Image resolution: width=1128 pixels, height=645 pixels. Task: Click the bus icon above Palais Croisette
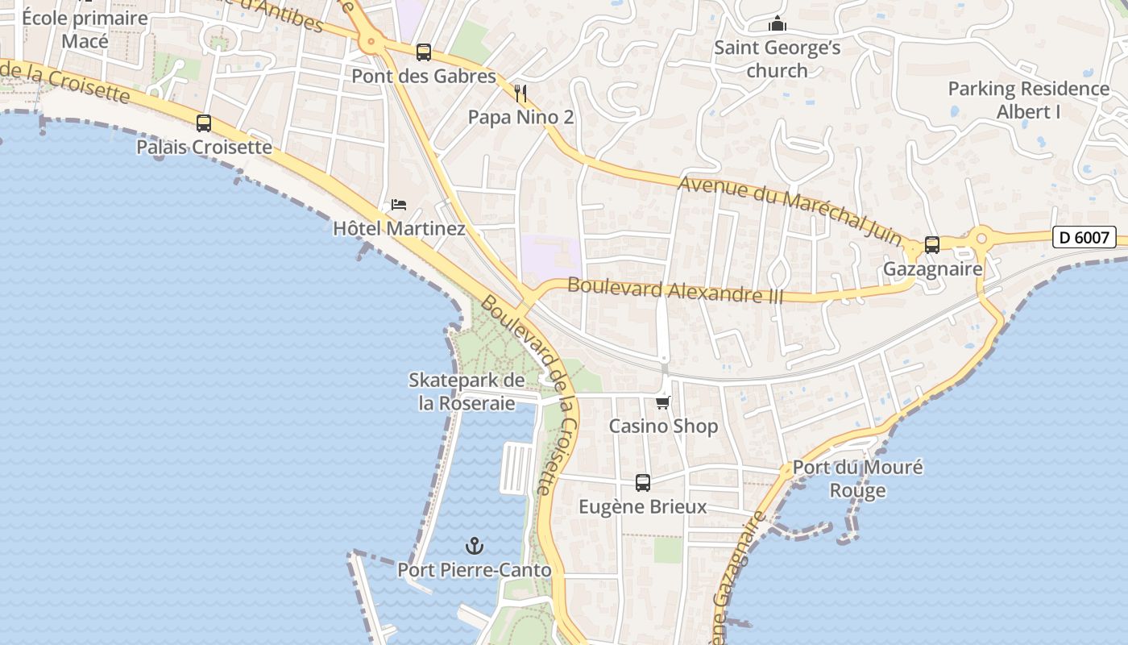click(x=204, y=123)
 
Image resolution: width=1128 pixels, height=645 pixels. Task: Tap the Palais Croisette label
click(x=204, y=147)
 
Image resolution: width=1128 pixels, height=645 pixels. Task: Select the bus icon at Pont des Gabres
click(x=424, y=52)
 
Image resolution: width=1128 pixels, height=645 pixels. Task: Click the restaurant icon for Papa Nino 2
click(x=520, y=94)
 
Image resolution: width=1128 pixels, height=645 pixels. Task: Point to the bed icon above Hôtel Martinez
click(x=399, y=205)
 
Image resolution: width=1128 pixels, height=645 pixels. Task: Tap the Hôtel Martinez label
click(x=399, y=228)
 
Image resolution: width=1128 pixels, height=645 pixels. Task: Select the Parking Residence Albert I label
click(x=1029, y=100)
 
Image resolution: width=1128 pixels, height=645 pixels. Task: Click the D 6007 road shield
click(x=1084, y=237)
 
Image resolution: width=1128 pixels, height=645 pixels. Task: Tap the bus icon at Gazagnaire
click(x=932, y=244)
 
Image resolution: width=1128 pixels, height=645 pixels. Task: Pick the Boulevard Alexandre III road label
click(x=675, y=290)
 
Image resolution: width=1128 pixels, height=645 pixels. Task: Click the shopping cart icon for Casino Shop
click(x=663, y=402)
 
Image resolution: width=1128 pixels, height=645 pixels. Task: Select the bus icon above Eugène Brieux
click(x=642, y=483)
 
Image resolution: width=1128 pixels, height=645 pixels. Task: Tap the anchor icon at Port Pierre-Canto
click(x=475, y=546)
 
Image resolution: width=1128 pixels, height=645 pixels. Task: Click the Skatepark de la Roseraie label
click(x=467, y=391)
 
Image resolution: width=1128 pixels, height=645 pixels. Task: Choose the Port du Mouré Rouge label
click(x=857, y=478)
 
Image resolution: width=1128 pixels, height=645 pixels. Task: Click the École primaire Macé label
click(x=85, y=29)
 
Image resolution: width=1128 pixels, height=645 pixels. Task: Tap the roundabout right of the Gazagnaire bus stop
click(x=981, y=239)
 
